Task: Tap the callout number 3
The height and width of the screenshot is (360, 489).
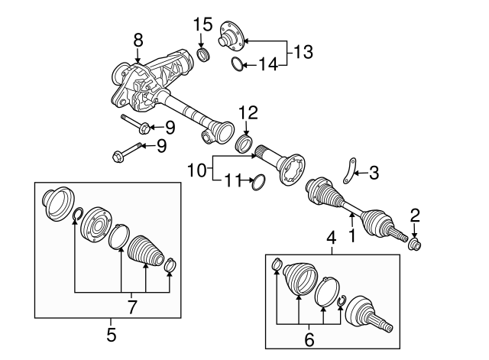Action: click(373, 174)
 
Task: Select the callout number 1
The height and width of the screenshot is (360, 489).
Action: click(351, 236)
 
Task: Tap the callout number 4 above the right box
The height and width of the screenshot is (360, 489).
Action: click(332, 238)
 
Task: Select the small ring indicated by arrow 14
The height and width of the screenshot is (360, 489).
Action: click(238, 65)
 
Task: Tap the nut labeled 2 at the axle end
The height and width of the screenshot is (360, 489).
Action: click(416, 244)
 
